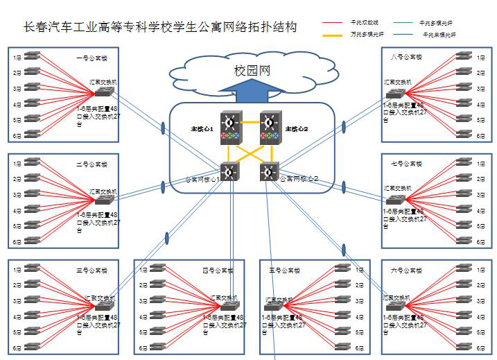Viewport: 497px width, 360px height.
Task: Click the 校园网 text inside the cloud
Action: tap(252, 71)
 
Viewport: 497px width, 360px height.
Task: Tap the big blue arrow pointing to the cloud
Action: tap(252, 91)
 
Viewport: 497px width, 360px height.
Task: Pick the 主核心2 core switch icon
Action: tap(269, 128)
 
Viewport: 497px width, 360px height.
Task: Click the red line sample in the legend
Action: tap(337, 23)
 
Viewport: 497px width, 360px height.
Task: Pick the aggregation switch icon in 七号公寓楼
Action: tap(393, 198)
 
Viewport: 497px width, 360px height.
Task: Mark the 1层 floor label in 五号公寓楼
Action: tap(360, 270)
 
